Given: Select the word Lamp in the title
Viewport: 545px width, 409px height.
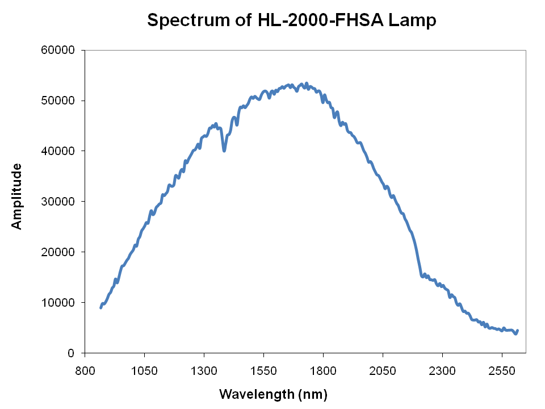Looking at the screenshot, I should click(416, 21).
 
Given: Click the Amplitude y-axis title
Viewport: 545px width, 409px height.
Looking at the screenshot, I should click(17, 196).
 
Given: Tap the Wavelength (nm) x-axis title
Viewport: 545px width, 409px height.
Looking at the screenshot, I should click(273, 394).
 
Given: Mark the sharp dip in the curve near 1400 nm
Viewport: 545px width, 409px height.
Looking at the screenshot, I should click(224, 150).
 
